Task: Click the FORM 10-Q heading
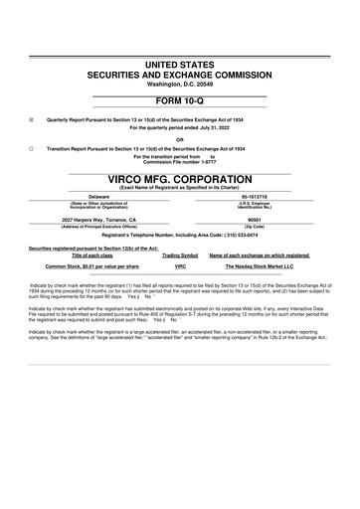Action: tap(180, 104)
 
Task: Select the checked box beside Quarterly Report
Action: tap(31, 120)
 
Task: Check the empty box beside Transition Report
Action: tap(31, 148)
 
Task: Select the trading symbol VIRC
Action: tap(180, 266)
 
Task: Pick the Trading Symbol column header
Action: tap(180, 255)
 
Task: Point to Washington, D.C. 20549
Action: tap(180, 84)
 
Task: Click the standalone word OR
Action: tap(180, 139)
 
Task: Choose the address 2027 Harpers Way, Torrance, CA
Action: tap(98, 218)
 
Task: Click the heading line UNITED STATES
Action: tap(180, 64)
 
